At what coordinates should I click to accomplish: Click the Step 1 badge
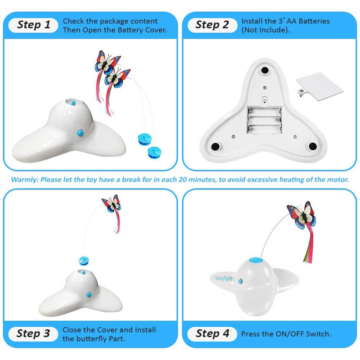pos(33,25)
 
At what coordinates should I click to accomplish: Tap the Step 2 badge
pos(212,25)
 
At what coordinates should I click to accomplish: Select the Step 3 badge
pos(33,333)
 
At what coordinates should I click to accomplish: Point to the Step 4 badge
pos(212,333)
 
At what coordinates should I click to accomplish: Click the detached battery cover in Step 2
pos(319,86)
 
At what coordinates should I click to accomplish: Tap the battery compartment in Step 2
pos(264,120)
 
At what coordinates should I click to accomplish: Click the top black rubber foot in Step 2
pos(265,70)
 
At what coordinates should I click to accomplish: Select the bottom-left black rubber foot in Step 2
pos(216,146)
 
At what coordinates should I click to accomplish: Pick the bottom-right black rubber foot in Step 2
pos(313,146)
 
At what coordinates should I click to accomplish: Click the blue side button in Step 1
pos(81,133)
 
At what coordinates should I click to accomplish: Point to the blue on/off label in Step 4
pos(224,279)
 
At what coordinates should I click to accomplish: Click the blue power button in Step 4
pos(240,281)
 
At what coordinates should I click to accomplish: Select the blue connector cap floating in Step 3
pos(84,261)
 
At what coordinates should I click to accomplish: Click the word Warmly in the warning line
pos(24,180)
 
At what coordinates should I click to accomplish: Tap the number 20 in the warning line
pos(182,180)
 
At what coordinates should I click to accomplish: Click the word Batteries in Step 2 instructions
pos(314,21)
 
